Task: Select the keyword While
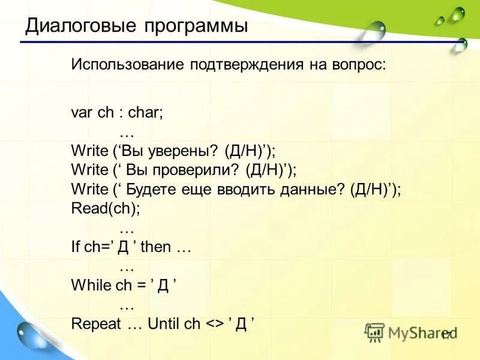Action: point(91,286)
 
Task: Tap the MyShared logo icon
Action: point(375,332)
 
